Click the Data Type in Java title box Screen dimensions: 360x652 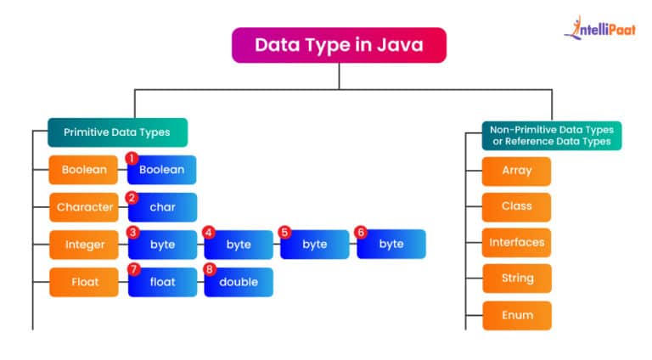339,45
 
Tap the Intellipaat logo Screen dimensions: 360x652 599,30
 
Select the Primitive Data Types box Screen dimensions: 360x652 117,132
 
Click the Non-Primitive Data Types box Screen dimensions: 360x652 551,136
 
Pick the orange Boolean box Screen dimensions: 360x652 84,170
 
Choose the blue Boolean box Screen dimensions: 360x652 162,170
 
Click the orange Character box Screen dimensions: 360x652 84,207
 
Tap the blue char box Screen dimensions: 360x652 162,207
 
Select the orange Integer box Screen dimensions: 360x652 84,245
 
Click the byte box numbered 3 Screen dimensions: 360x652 162,245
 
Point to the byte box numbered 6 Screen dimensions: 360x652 391,245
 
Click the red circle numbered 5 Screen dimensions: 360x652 284,232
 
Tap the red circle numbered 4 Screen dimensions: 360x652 208,232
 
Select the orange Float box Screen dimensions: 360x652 84,282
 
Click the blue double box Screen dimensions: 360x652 239,282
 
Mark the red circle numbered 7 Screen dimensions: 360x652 132,269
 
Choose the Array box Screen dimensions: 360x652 516,171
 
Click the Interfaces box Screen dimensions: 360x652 516,243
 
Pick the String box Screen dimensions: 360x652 516,278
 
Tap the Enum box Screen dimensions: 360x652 516,315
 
